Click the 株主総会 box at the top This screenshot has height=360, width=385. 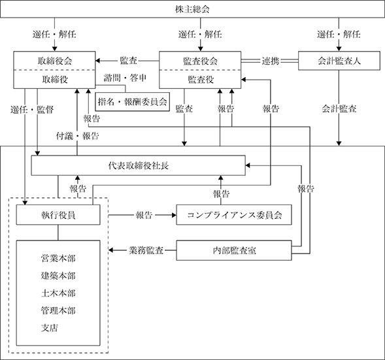pos(192,9)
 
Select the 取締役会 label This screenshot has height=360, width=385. pos(54,61)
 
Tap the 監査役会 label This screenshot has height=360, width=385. pos(201,61)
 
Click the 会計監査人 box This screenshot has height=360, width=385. pos(339,61)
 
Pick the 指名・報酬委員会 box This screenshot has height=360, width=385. pos(132,101)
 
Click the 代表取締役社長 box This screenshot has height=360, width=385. pos(138,165)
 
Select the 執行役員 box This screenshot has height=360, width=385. pos(58,215)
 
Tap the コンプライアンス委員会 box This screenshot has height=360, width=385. pos(234,215)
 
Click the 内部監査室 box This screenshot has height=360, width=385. pos(234,250)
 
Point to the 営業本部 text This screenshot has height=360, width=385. pos(58,258)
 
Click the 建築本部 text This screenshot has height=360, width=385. pos(58,276)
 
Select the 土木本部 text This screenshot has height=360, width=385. pos(58,293)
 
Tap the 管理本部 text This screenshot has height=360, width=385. pos(58,310)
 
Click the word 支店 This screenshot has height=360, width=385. pos(50,328)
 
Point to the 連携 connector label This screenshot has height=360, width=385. pos(271,61)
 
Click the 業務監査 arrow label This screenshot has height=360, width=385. pos(146,250)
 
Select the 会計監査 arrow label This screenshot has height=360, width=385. pos(339,108)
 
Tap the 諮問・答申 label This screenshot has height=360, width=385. pos(125,78)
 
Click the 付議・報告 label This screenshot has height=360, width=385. pos(77,136)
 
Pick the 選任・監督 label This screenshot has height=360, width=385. pos(32,110)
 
